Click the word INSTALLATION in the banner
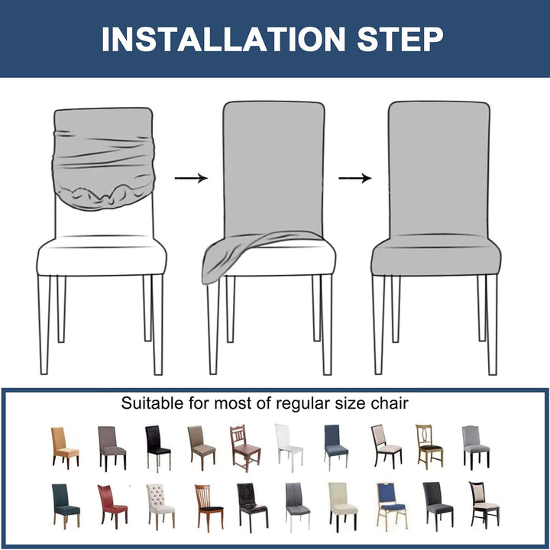pyautogui.click(x=224, y=39)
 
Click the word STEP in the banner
pyautogui.click(x=400, y=39)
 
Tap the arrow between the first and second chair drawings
pyautogui.click(x=191, y=178)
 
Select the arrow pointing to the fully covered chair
pyautogui.click(x=355, y=178)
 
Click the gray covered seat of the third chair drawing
pyautogui.click(x=436, y=255)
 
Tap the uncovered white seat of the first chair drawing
pyautogui.click(x=102, y=256)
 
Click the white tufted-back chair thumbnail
pyautogui.click(x=160, y=506)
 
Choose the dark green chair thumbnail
pyautogui.click(x=66, y=506)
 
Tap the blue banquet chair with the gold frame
pyautogui.click(x=391, y=506)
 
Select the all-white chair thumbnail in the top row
pyautogui.click(x=288, y=447)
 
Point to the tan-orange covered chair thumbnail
pyautogui.click(x=65, y=447)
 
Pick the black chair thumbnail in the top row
pyautogui.click(x=157, y=448)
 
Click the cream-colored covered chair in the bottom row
pyautogui.click(x=343, y=507)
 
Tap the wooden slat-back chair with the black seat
pyautogui.click(x=209, y=507)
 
